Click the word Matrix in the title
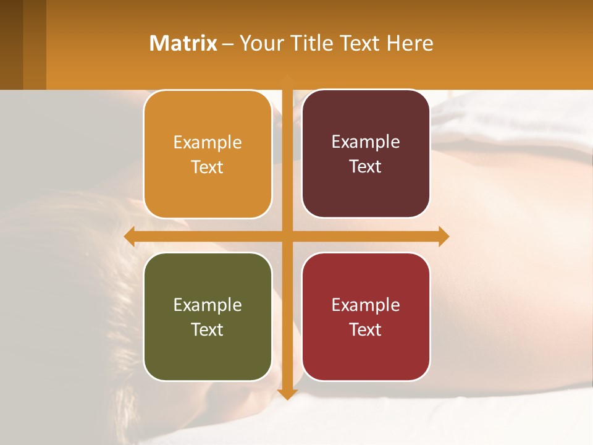pos(183,43)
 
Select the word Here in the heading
pos(410,43)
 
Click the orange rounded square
pos(208,155)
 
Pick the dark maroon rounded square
pos(366,154)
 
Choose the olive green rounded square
pos(208,316)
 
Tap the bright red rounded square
pos(366,316)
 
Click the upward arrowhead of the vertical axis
pos(287,80)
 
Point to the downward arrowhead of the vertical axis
pos(287,394)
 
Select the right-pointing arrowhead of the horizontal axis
pos(444,236)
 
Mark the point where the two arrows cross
pos(287,236)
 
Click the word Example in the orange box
pos(208,143)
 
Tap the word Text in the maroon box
pos(366,167)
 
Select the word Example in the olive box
pos(208,305)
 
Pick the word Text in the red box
pos(366,329)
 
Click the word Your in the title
pos(259,43)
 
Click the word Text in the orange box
pos(208,167)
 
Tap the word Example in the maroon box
pos(366,142)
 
